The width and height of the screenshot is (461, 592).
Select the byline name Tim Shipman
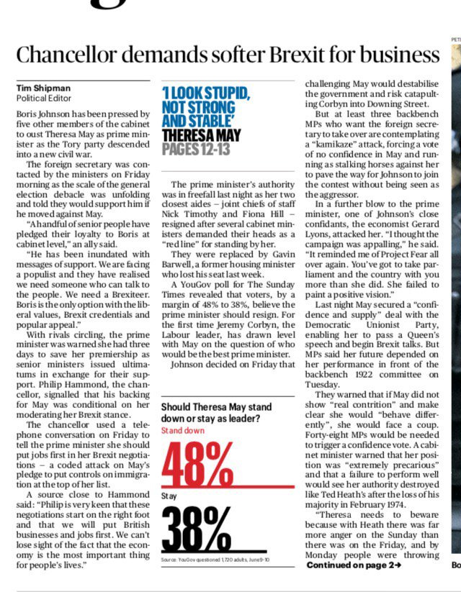click(43, 88)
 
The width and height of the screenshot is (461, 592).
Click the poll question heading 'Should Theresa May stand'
click(220, 408)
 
